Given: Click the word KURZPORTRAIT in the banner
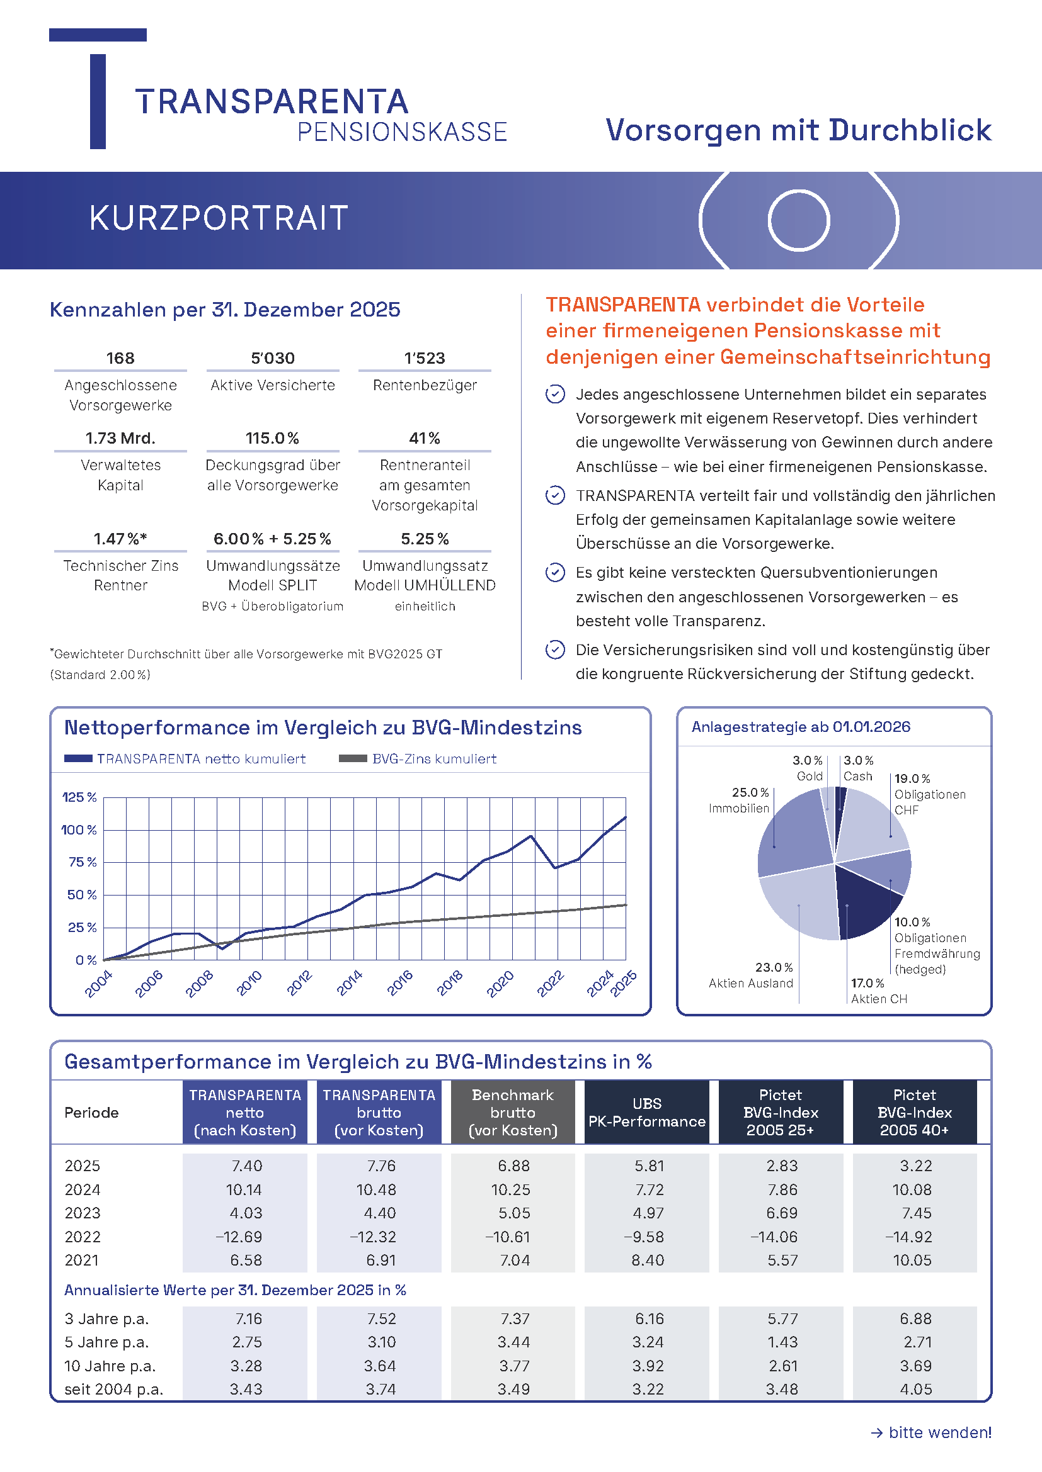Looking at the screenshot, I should (218, 218).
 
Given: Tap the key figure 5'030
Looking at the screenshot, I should (273, 357).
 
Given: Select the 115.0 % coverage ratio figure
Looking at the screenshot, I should (273, 439).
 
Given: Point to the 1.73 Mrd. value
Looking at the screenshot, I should (120, 439).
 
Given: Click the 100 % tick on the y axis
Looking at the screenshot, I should (79, 830).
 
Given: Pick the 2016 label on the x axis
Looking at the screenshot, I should (400, 983).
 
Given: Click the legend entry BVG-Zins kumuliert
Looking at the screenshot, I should (433, 759).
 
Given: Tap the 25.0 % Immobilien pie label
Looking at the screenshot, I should (739, 800).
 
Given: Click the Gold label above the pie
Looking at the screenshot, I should (809, 777).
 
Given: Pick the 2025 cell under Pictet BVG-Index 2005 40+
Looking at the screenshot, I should (915, 1166).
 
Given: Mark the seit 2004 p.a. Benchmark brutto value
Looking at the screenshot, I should (513, 1390).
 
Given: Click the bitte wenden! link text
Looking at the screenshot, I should (939, 1432).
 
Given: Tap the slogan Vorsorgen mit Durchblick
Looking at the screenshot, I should (798, 130).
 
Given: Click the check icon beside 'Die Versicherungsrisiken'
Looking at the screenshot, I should (555, 650).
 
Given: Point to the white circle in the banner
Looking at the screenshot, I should (799, 220).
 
